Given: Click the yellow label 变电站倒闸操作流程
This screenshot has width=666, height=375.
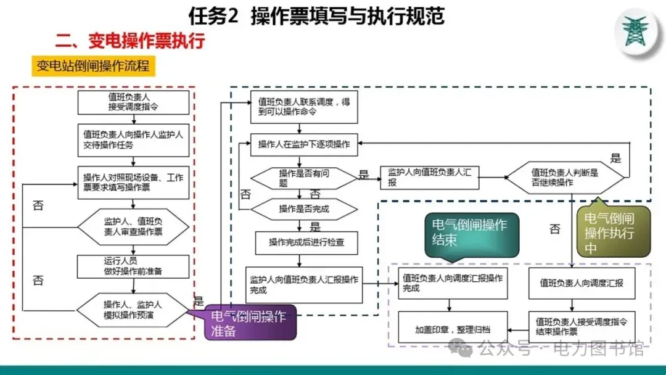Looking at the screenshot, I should click(93, 66).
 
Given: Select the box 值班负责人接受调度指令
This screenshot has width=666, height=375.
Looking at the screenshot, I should click(133, 102).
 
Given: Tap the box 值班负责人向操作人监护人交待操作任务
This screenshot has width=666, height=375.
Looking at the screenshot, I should click(133, 139).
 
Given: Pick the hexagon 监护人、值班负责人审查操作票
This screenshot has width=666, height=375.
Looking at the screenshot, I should click(133, 226).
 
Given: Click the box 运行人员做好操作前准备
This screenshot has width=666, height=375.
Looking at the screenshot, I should click(133, 266).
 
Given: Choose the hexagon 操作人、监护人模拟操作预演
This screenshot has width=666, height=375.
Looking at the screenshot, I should click(133, 309).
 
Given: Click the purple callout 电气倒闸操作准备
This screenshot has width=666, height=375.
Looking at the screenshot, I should click(250, 323).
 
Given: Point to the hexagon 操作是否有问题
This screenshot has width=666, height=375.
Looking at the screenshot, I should click(304, 178).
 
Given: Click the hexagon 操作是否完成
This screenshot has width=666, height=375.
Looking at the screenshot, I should click(304, 209).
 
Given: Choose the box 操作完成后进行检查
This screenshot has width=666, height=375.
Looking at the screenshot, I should click(306, 242).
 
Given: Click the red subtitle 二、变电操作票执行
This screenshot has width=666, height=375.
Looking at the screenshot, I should click(129, 42).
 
